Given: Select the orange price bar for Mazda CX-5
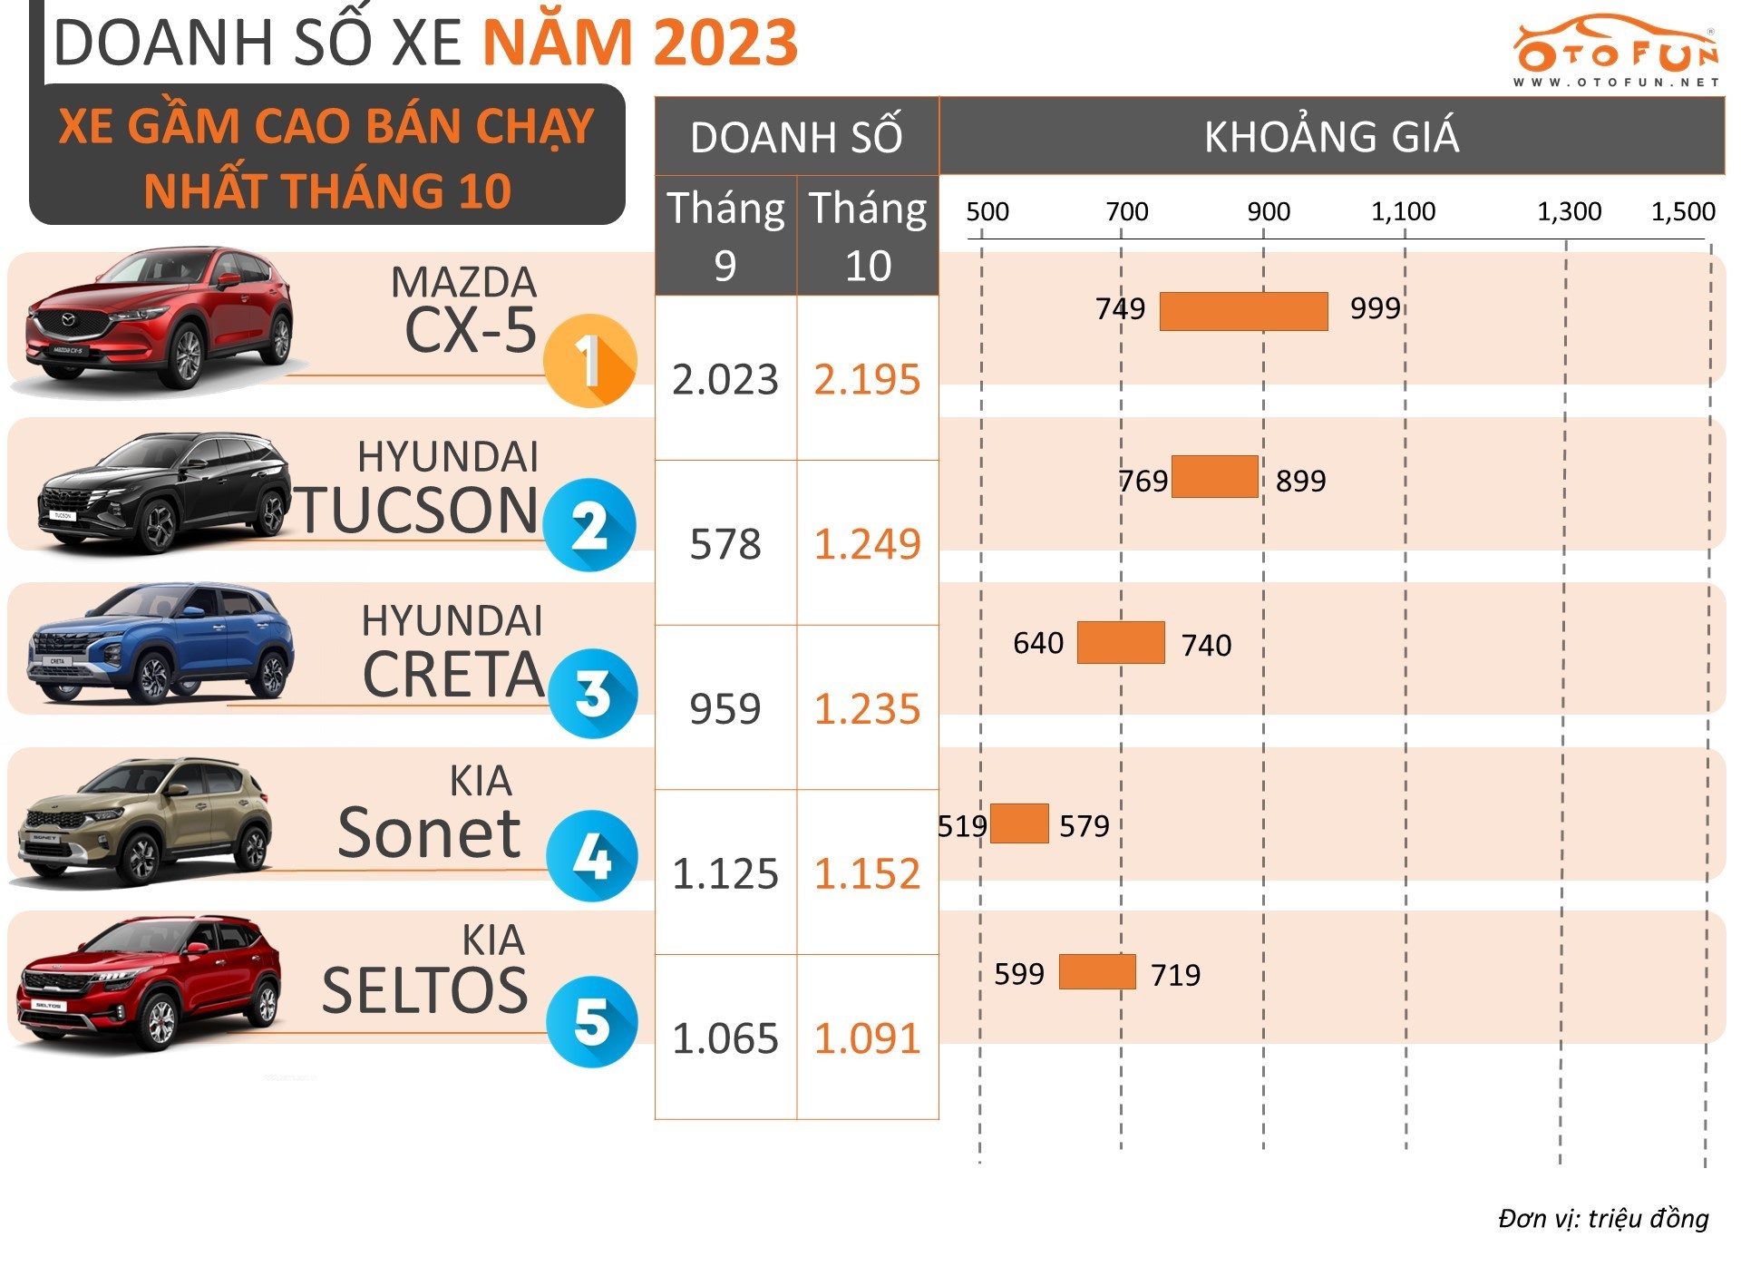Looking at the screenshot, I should [x=1243, y=311].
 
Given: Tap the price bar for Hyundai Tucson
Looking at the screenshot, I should [x=1214, y=477].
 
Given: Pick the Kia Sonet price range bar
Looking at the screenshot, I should [x=1019, y=823].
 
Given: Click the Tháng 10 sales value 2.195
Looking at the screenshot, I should [x=867, y=379].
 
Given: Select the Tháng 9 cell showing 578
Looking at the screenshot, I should [x=725, y=544].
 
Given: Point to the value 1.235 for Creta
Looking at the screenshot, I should [x=867, y=709].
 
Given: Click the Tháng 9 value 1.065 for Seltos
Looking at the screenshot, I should [x=725, y=1038].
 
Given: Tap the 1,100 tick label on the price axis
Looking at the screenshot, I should [x=1403, y=212].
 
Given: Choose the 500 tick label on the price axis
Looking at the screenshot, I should [x=987, y=212].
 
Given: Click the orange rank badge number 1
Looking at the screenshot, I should [x=589, y=361].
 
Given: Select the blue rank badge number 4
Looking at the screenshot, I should [x=591, y=856].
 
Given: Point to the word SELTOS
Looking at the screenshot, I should [x=424, y=990].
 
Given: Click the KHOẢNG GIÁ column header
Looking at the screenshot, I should [x=1331, y=137].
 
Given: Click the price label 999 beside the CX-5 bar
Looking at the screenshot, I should [x=1375, y=308].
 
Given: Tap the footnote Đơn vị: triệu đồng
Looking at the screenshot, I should [x=1602, y=1218].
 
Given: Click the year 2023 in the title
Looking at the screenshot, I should [x=725, y=42].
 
